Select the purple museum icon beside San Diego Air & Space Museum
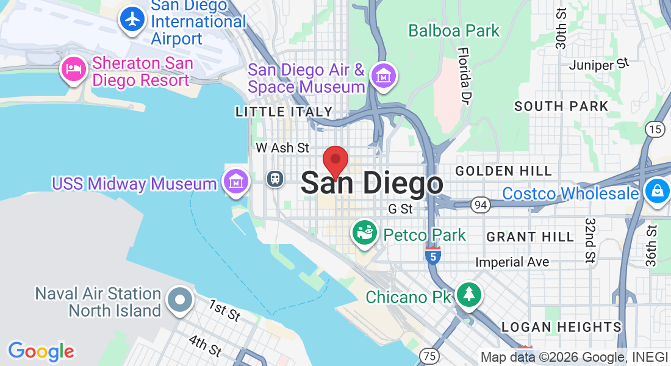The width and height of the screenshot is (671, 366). [x=384, y=77]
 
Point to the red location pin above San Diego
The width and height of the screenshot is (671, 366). [x=335, y=162]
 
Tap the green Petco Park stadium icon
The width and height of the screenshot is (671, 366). [x=365, y=234]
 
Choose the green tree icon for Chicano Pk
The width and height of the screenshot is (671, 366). [x=468, y=295]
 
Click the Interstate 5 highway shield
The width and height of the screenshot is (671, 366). [x=432, y=256]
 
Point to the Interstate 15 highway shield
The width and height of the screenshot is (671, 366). [x=655, y=129]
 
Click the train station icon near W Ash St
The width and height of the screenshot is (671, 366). [x=276, y=178]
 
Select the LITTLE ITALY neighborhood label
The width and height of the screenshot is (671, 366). [x=284, y=112]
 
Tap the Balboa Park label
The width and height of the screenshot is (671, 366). [x=454, y=30]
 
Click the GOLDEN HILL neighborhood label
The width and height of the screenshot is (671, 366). [x=504, y=171]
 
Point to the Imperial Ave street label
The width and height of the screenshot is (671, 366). [x=512, y=262]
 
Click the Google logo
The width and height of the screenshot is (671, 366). [x=41, y=351]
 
